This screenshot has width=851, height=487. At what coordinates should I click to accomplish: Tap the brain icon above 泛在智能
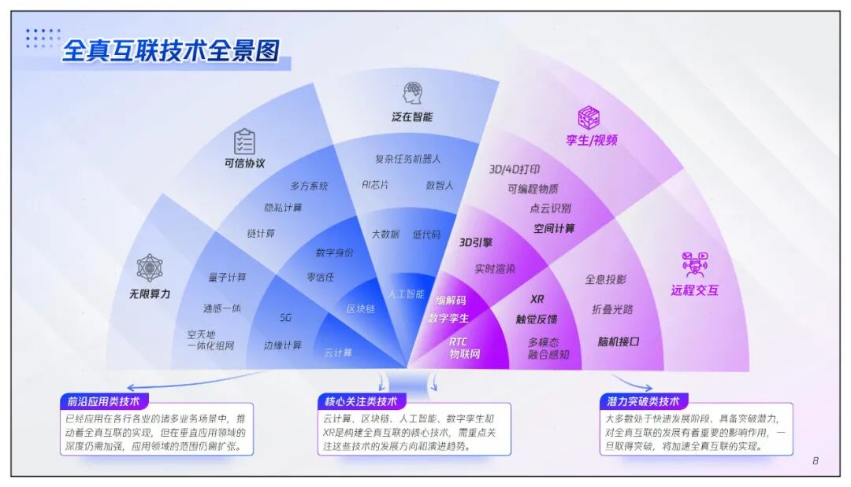pos(412,93)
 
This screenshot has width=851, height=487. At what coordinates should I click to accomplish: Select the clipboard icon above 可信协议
pos(244,142)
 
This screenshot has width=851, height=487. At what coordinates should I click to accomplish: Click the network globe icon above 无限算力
pos(150,267)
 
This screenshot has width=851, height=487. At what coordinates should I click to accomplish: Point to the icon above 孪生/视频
pos(589,118)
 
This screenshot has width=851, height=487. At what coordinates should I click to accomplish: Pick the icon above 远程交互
pos(694,264)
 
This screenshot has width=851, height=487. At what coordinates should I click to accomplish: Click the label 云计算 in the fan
pos(338,352)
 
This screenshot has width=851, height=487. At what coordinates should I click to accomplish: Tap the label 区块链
pos(361,309)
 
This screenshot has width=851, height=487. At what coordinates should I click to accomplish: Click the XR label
pos(537,299)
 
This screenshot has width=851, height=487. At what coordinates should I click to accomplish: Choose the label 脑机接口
pos(618,341)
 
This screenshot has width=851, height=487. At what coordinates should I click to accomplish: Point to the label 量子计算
pos(228,277)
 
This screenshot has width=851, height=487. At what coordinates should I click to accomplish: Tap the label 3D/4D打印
pos(515,169)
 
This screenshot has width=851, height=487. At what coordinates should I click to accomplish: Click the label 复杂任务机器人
pos(407,159)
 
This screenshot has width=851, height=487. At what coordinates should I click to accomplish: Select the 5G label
pos(285,318)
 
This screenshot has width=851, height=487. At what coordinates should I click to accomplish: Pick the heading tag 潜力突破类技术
pos(643,401)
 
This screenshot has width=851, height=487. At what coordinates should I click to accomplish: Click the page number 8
pos(816,461)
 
